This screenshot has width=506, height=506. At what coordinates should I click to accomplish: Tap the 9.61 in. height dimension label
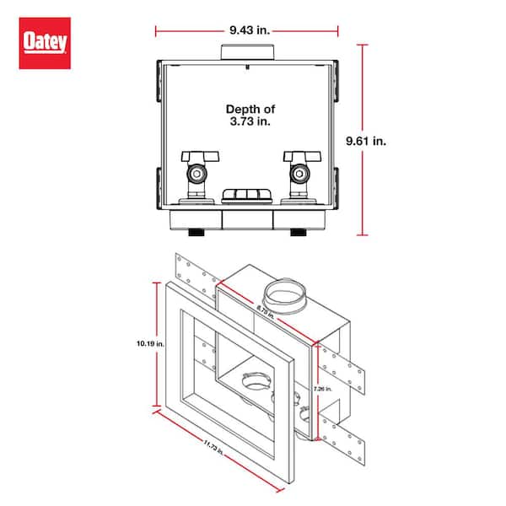pyautogui.click(x=408, y=142)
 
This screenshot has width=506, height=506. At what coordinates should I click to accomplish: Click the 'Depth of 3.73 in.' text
pyautogui.click(x=249, y=116)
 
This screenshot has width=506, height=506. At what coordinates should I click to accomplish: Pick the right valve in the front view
pyautogui.click(x=299, y=173)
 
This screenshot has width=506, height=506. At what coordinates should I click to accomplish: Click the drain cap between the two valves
pyautogui.click(x=248, y=196)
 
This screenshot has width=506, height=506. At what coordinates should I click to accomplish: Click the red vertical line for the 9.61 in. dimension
pyautogui.click(x=363, y=142)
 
